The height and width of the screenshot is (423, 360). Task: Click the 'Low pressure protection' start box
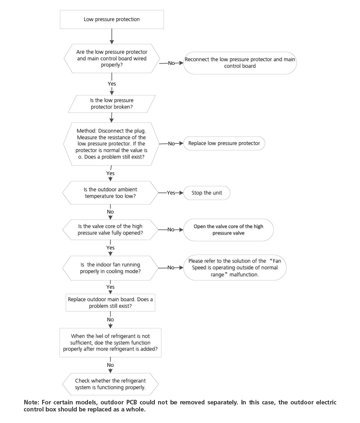tap(112, 19)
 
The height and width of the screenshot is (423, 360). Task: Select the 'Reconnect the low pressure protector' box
tap(240, 63)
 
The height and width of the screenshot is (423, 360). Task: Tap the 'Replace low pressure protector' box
tap(224, 143)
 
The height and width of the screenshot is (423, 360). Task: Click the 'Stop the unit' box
tap(206, 193)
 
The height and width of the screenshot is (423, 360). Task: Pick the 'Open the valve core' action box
tap(228, 230)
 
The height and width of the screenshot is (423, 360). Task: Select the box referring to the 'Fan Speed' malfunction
tap(234, 268)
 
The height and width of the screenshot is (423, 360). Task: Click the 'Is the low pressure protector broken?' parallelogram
tap(112, 104)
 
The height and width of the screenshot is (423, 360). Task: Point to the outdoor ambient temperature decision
tap(110, 193)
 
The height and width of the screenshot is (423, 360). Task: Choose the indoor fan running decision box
tap(110, 268)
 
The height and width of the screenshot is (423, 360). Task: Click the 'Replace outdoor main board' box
tap(110, 302)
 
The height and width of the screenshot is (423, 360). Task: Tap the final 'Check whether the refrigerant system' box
tap(110, 384)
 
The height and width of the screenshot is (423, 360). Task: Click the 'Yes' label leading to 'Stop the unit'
tap(171, 193)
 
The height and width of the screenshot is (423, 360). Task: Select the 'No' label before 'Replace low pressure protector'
tap(171, 144)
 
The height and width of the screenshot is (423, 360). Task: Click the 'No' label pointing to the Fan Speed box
tap(171, 268)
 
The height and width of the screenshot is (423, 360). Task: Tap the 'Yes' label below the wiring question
tap(111, 83)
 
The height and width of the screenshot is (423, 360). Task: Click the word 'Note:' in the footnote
tap(31, 402)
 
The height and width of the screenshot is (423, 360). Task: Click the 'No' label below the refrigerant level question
tap(110, 365)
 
